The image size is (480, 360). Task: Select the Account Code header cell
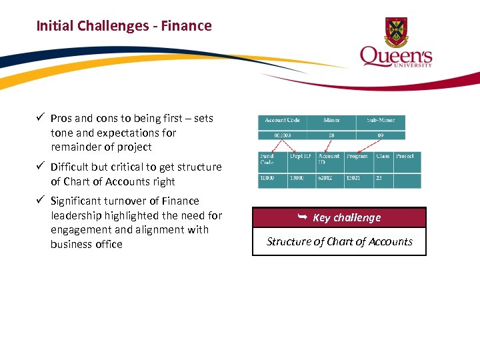tap(282, 121)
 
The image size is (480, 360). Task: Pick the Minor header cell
tap(331, 121)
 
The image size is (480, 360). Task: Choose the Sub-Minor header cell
tap(380, 121)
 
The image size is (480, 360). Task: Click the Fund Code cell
tap(272, 159)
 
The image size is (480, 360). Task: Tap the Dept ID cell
tap(301, 156)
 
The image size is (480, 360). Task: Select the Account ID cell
tap(329, 159)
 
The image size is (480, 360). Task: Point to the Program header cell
tap(357, 156)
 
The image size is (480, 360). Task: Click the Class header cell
tap(383, 156)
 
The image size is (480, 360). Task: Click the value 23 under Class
tap(380, 179)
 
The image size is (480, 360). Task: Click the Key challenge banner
tap(339, 217)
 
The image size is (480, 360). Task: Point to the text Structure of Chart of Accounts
tap(339, 241)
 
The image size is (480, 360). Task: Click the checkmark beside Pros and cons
tap(41, 118)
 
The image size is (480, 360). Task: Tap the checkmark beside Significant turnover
tap(41, 201)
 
